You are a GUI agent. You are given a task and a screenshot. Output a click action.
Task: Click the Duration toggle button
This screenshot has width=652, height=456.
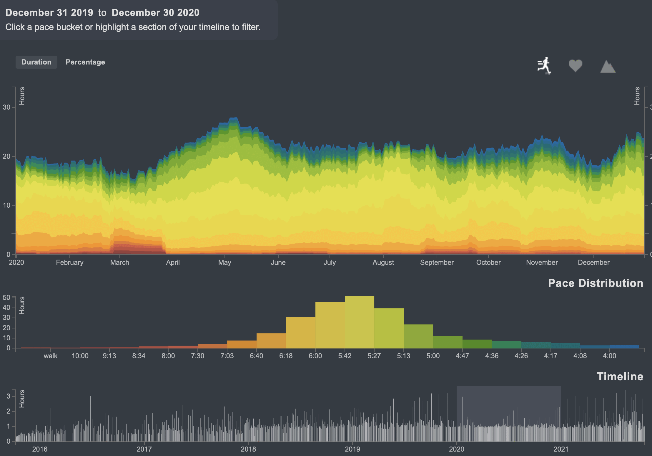pyautogui.click(x=36, y=62)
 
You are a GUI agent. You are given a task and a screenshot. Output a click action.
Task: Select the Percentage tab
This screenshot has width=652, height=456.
pyautogui.click(x=85, y=62)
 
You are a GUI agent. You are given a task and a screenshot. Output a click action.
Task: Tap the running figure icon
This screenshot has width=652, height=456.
pyautogui.click(x=544, y=65)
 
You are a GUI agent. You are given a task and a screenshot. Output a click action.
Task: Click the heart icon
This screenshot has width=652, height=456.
pyautogui.click(x=575, y=65)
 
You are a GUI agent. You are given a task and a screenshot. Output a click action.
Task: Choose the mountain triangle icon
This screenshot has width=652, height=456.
pyautogui.click(x=608, y=67)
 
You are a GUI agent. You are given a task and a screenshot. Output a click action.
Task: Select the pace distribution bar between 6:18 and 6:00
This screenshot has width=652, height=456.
pyautogui.click(x=301, y=333)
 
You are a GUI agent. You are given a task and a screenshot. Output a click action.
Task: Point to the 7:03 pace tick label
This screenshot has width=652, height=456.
pyautogui.click(x=227, y=356)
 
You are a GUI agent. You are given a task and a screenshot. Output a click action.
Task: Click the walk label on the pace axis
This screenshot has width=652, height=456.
pyautogui.click(x=51, y=356)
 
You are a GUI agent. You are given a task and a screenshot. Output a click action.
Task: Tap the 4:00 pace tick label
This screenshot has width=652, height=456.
pyautogui.click(x=609, y=356)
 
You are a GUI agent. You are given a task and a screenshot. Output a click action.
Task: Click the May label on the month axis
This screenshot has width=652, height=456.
pyautogui.click(x=224, y=262)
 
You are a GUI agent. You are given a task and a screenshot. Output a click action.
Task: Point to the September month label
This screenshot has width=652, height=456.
pyautogui.click(x=437, y=262)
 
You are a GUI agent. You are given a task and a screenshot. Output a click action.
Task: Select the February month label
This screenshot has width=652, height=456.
pyautogui.click(x=70, y=262)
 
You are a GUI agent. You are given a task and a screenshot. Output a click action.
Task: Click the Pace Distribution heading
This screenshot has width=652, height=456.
pyautogui.click(x=596, y=283)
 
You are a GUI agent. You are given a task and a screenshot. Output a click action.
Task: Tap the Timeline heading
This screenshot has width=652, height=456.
pyautogui.click(x=620, y=376)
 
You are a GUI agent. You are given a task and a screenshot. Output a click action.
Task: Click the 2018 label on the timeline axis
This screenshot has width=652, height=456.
pyautogui.click(x=248, y=449)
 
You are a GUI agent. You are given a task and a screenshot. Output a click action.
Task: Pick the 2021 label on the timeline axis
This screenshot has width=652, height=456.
pyautogui.click(x=561, y=449)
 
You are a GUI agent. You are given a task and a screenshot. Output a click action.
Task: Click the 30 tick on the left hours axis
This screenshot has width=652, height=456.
pyautogui.click(x=6, y=107)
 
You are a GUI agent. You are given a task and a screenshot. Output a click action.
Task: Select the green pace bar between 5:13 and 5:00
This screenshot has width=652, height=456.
pyautogui.click(x=418, y=336)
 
